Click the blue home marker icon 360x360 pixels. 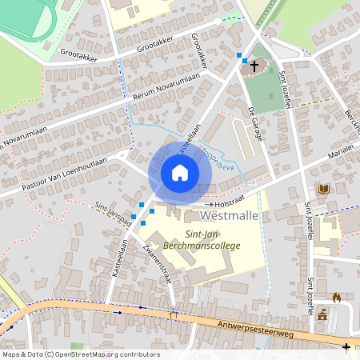(x=180, y=172)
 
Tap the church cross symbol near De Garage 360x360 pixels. (x=254, y=66)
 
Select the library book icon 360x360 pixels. (x=323, y=190)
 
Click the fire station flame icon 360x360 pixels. (x=336, y=297)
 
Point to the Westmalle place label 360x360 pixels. (x=230, y=216)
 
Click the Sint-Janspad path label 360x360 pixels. (x=113, y=215)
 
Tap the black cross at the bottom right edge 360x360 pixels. (x=346, y=346)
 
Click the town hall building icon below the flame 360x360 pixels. (x=322, y=313)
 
